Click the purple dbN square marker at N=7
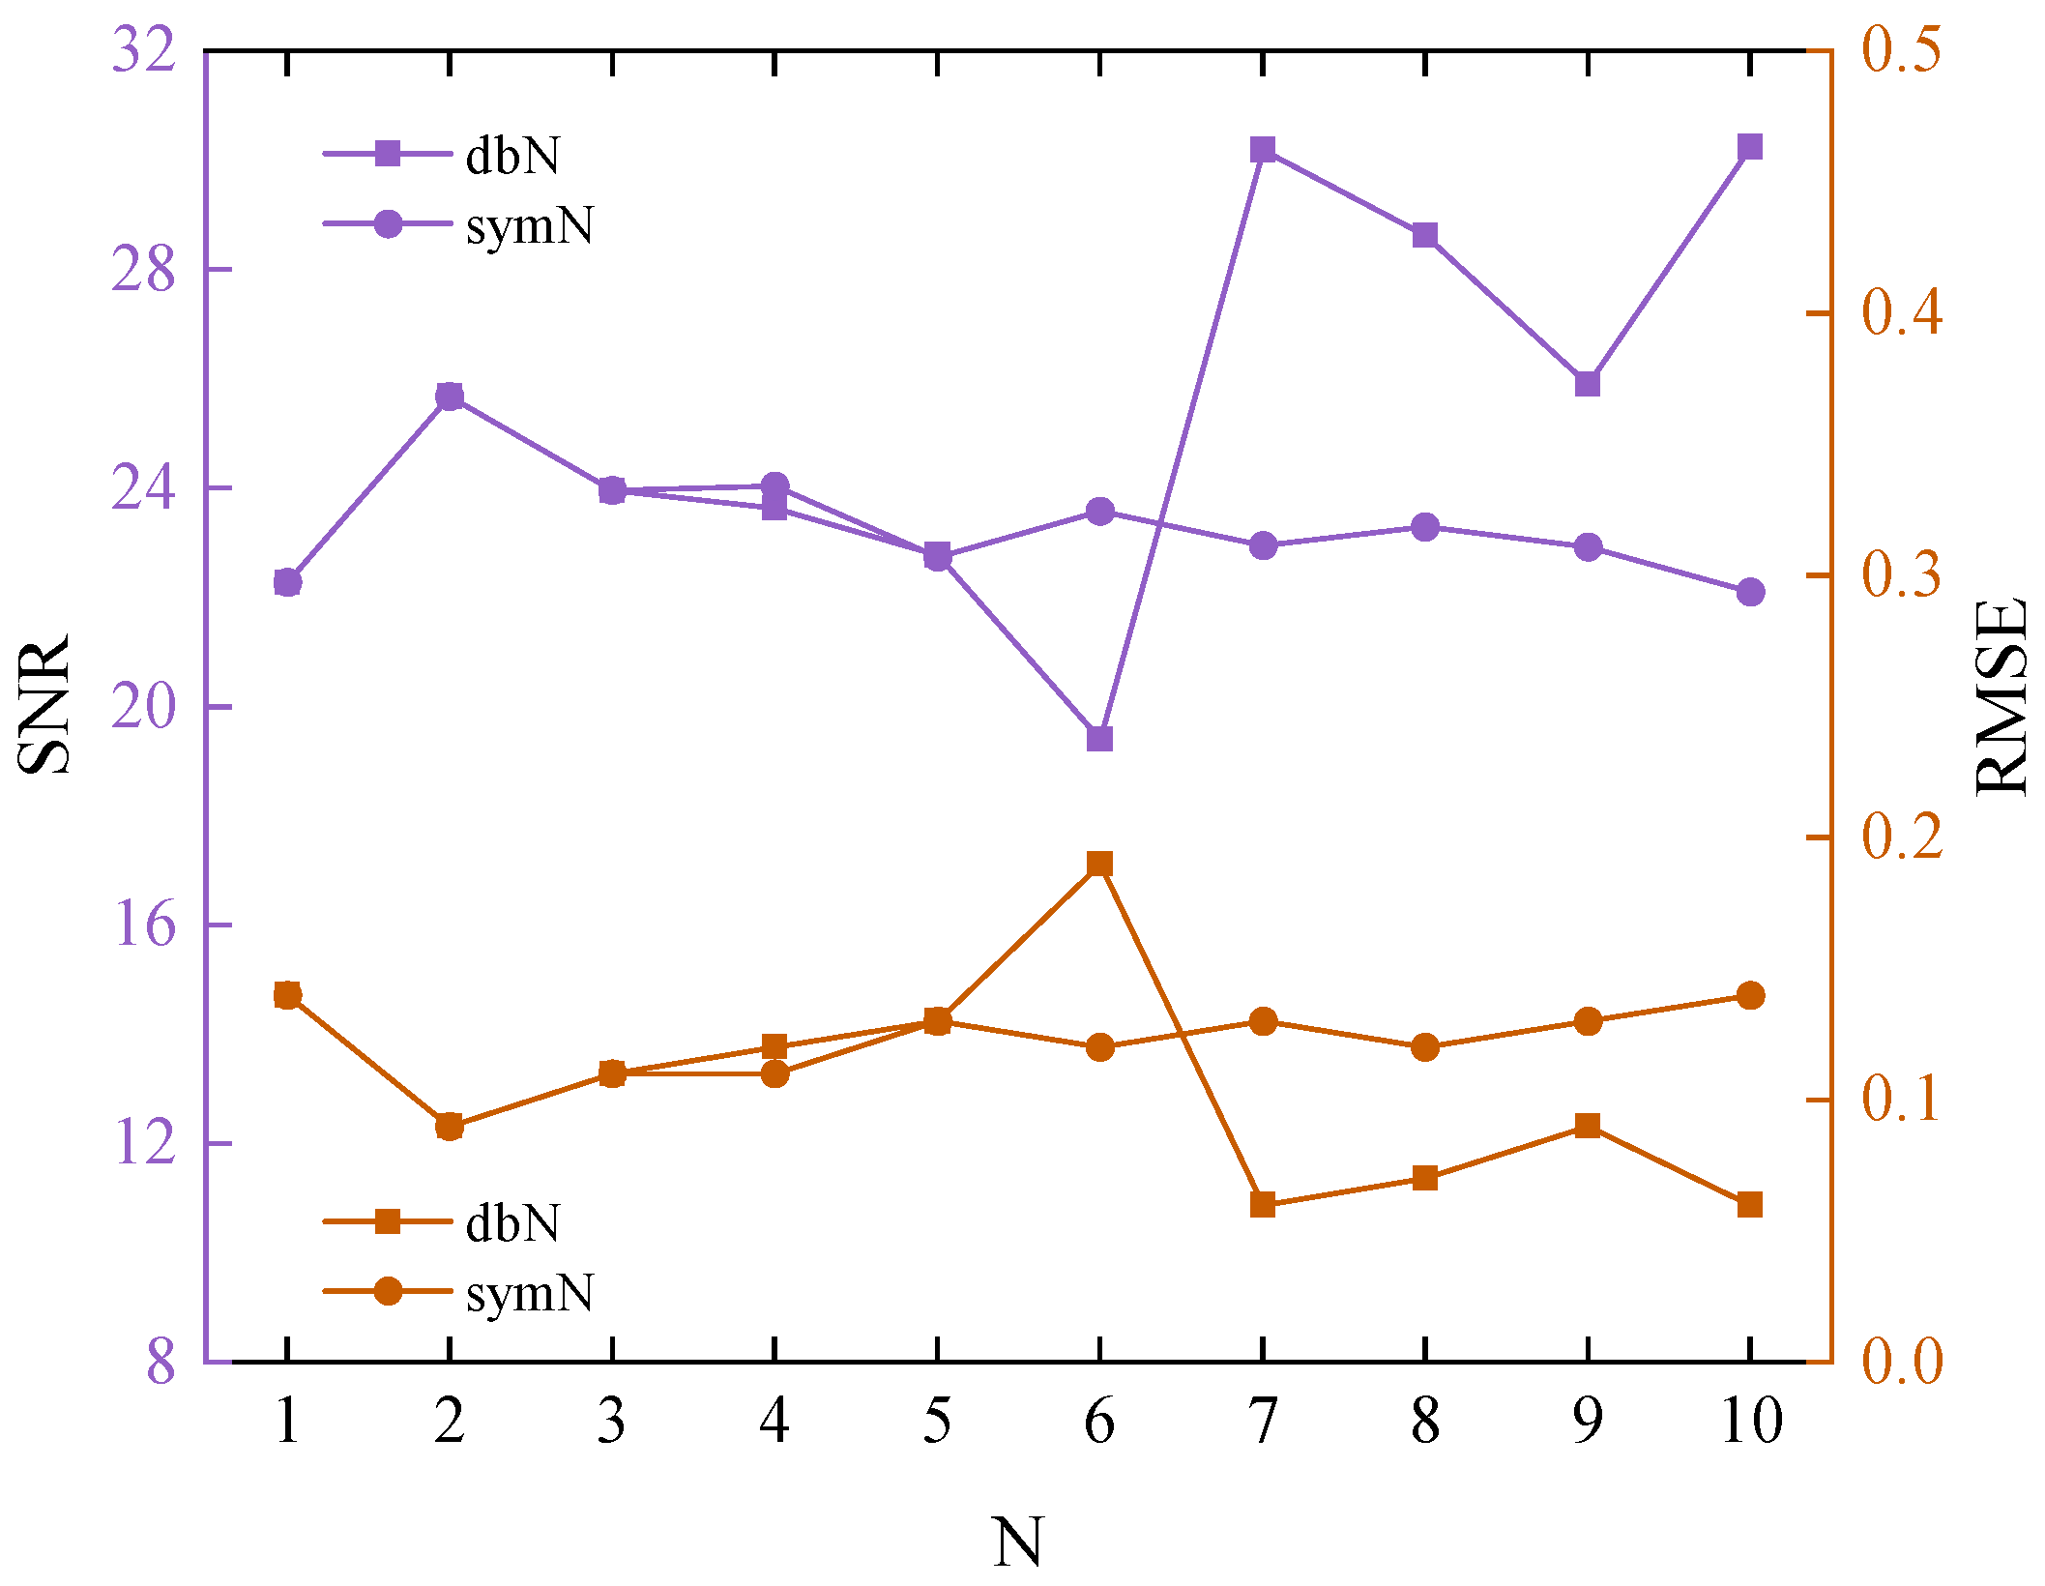click(1262, 150)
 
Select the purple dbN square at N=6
click(1099, 739)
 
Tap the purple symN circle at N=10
click(1750, 592)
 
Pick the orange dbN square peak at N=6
click(1099, 864)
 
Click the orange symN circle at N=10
click(1750, 995)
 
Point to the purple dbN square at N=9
click(1587, 384)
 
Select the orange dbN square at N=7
click(1262, 1205)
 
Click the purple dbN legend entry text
click(512, 155)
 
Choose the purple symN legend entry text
click(529, 225)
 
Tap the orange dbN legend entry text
click(512, 1223)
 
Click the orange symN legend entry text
click(529, 1293)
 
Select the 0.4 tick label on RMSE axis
click(1902, 312)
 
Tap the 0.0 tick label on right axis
click(1902, 1361)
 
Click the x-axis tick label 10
click(1751, 1422)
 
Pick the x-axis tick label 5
click(936, 1422)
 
